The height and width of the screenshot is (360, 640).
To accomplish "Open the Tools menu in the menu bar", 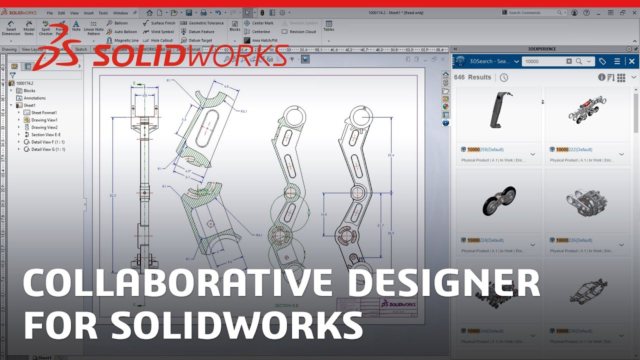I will coord(103,13).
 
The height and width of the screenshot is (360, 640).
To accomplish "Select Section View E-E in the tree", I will coord(45,134).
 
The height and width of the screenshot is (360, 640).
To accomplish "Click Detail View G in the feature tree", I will coord(48,149).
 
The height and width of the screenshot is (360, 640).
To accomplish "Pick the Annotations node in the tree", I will coord(34,98).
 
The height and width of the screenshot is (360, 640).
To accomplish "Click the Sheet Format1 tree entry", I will coord(44,112).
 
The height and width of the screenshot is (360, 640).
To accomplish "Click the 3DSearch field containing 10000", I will coord(544,61).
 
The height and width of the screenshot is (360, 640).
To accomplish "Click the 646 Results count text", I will coord(472,77).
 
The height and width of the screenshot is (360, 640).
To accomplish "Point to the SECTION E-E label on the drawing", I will coord(286,305).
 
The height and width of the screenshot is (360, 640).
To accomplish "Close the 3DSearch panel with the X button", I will coord(632,61).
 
